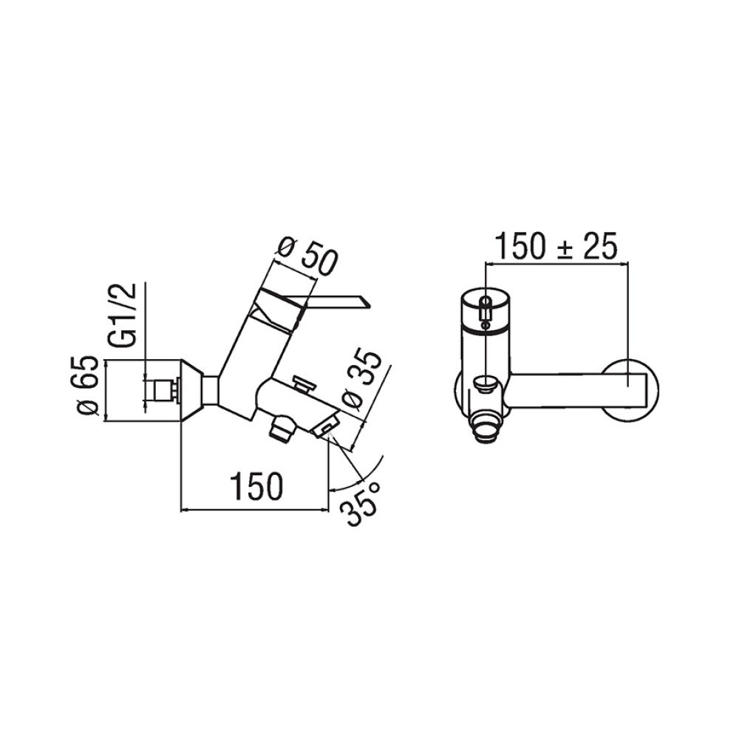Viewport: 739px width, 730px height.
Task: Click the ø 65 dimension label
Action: point(88,389)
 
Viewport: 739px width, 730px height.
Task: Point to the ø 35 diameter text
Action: point(364,379)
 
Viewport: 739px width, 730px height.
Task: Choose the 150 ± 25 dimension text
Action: point(555,246)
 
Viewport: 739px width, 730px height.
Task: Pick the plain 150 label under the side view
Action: point(255,486)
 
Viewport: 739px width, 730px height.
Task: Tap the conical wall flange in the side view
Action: point(194,389)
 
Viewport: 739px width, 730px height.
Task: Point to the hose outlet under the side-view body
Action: point(282,429)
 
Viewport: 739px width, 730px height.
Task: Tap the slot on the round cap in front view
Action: point(485,310)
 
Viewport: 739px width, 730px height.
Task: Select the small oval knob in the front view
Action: point(485,384)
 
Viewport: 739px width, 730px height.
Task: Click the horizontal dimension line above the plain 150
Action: point(255,509)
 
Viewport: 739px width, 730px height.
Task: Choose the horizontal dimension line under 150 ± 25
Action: point(555,262)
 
